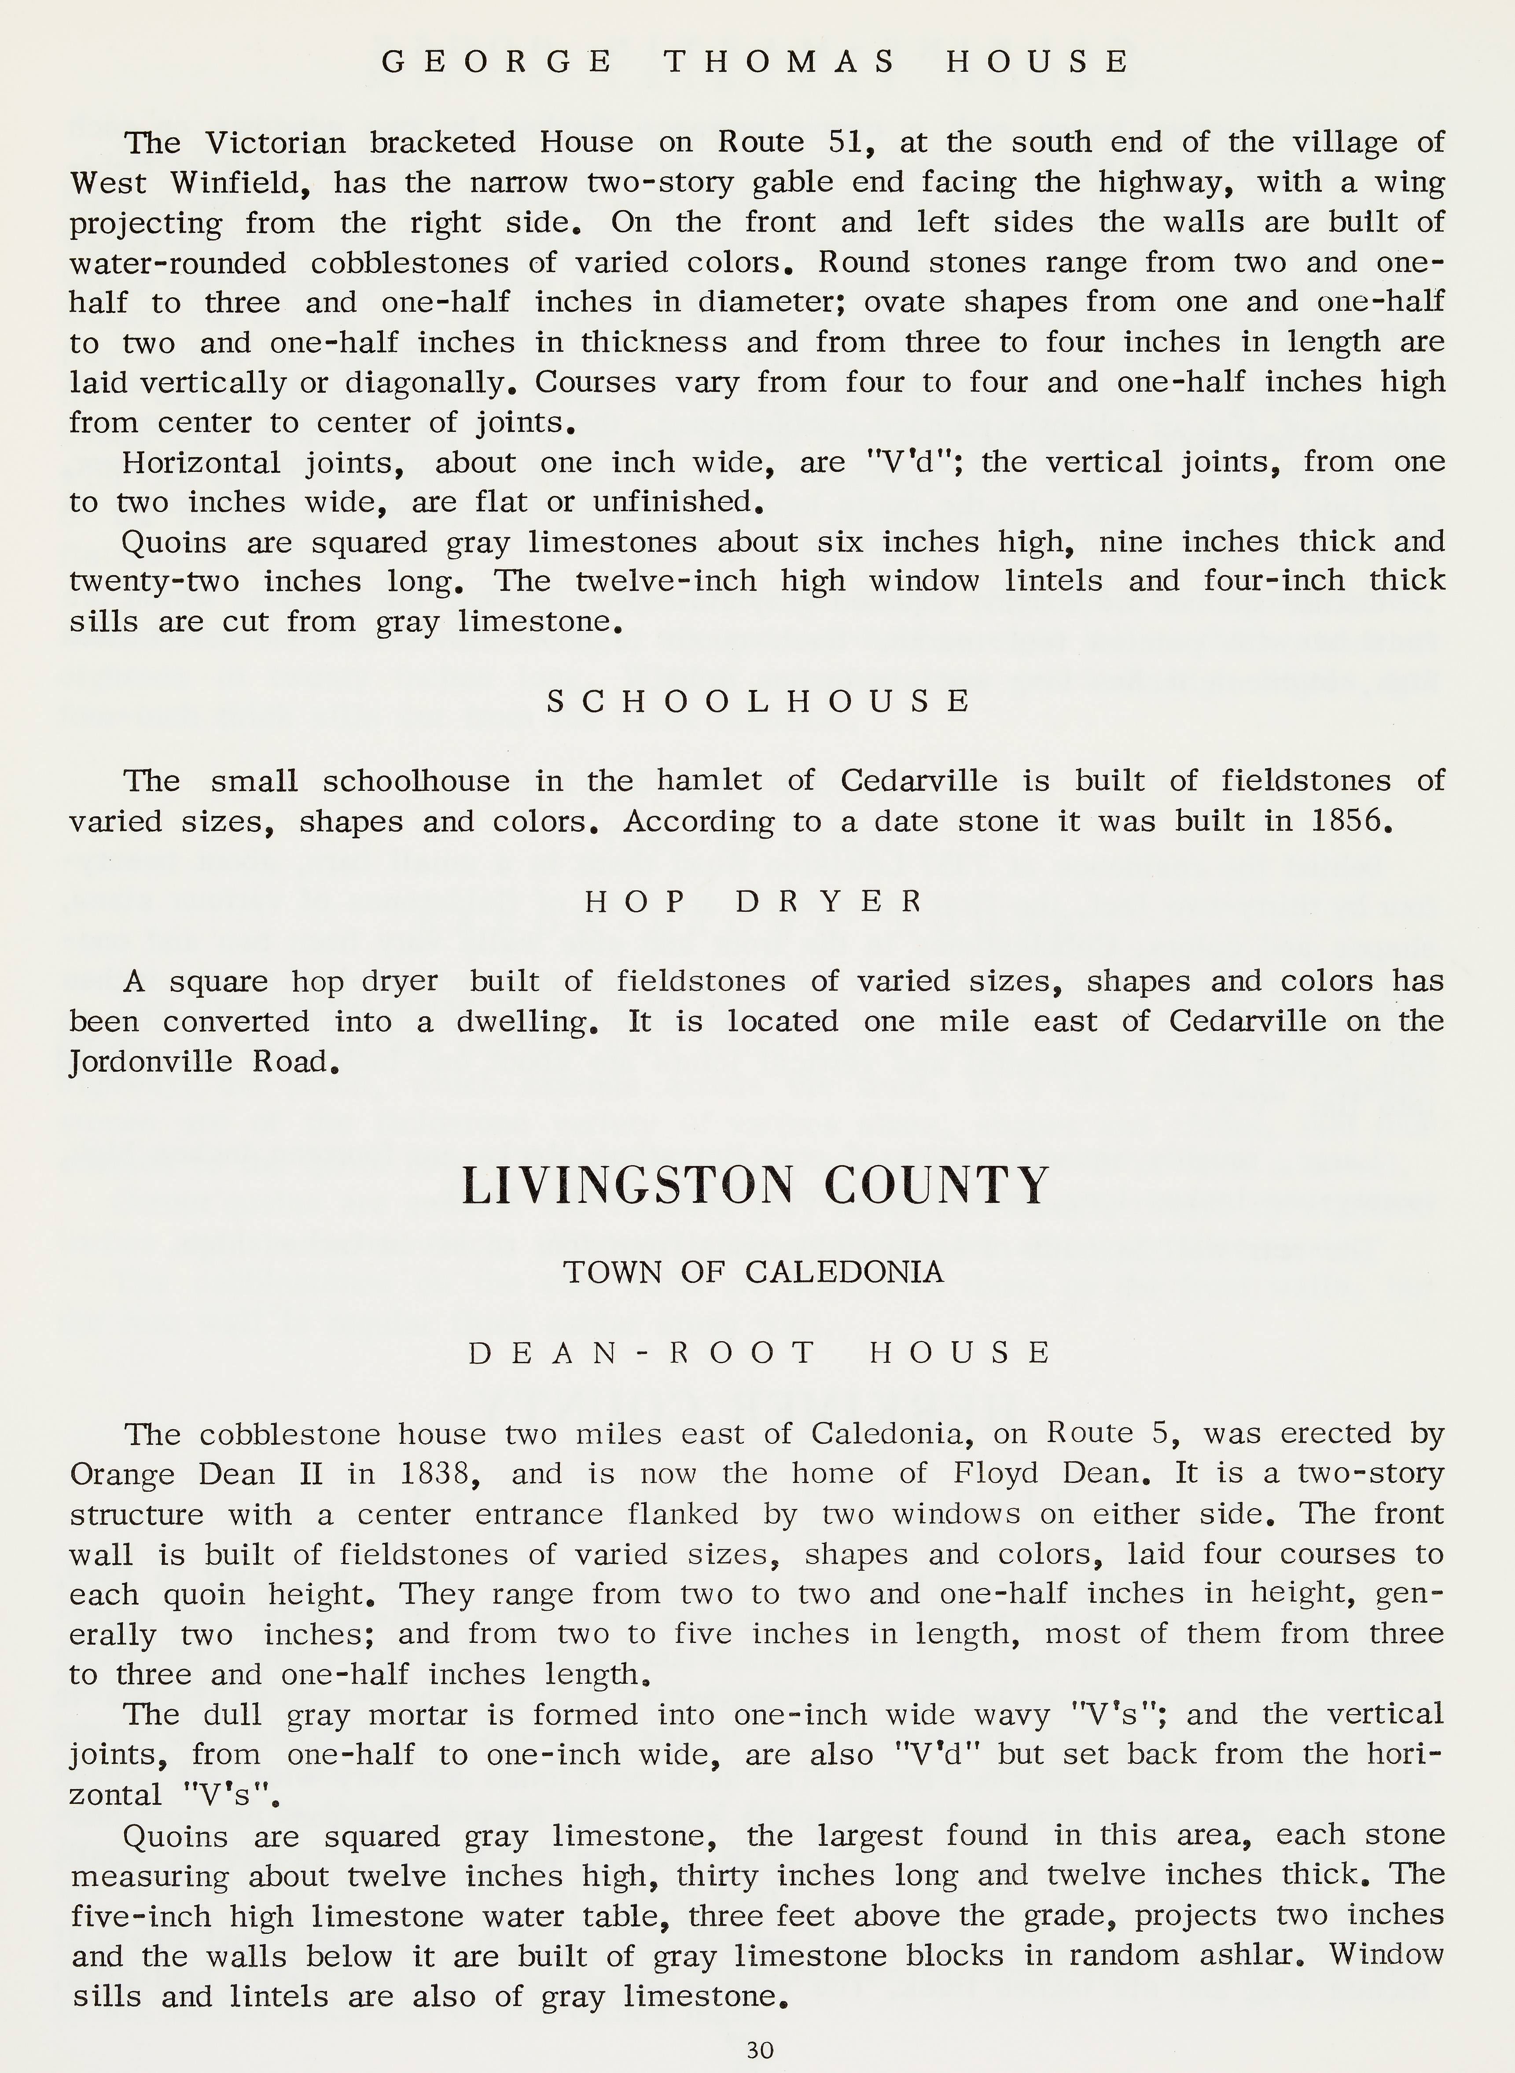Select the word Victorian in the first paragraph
click(275, 142)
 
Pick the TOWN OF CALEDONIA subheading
click(754, 1272)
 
